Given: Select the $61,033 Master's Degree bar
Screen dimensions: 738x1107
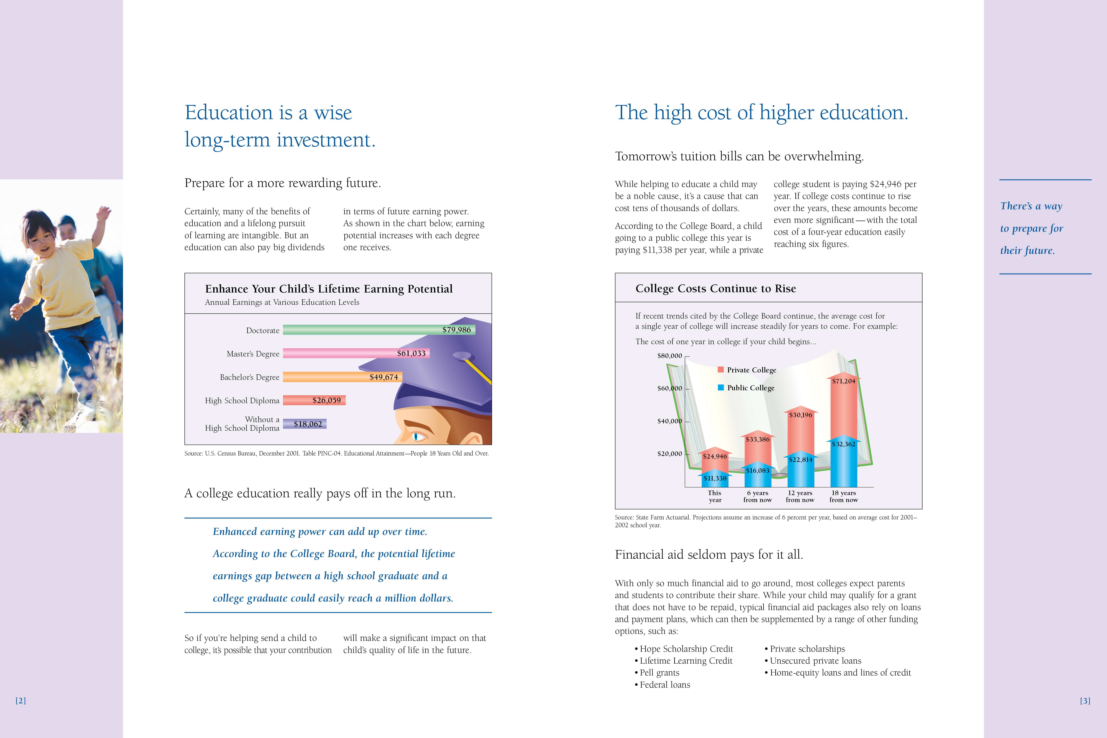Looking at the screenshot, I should (x=348, y=353).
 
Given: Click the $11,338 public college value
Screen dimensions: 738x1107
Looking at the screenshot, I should (x=715, y=478).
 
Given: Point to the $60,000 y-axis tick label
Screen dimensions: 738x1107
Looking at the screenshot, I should (x=669, y=388).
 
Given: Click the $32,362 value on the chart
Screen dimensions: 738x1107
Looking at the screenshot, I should (x=843, y=444).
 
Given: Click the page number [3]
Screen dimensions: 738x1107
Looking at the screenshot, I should (x=1085, y=700).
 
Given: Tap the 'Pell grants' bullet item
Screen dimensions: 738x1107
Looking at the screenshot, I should (x=659, y=673).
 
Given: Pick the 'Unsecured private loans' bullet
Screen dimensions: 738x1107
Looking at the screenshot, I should (x=815, y=661).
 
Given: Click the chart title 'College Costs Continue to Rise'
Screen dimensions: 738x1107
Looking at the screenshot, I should (x=715, y=288).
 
